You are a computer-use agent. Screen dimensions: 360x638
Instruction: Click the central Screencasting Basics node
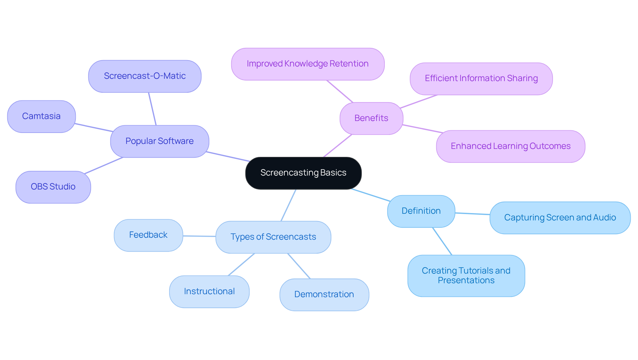tap(303, 173)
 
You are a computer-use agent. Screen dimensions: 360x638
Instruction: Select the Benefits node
tap(371, 118)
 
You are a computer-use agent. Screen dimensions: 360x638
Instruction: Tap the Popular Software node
tap(159, 141)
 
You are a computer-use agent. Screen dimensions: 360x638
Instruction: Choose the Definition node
tap(421, 211)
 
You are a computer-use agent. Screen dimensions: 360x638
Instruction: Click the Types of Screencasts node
tap(273, 237)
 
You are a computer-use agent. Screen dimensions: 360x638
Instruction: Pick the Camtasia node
tap(41, 116)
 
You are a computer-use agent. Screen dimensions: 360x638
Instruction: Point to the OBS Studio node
tap(53, 187)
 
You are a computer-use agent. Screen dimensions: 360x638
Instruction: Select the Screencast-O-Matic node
tap(145, 76)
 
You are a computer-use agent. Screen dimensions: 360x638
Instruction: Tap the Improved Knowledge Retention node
tap(308, 64)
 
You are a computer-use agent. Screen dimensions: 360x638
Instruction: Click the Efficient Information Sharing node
tap(481, 78)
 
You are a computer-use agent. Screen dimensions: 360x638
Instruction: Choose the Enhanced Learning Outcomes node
tap(510, 146)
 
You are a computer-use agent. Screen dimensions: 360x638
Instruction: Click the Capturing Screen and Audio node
tap(560, 218)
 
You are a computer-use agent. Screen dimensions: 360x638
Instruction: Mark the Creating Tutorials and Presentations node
tap(466, 276)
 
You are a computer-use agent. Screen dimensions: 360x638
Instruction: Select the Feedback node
tap(148, 235)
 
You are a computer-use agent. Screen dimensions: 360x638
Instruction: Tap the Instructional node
tap(209, 292)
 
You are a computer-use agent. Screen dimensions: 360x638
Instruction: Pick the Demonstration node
tap(324, 295)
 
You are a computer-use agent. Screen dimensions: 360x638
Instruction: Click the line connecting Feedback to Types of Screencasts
tap(199, 236)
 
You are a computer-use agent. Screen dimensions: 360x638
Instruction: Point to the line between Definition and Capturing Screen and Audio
tap(472, 214)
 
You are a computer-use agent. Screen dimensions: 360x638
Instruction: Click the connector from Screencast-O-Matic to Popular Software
tap(152, 109)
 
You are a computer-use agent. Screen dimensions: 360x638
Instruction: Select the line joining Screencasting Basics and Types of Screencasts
tap(288, 205)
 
